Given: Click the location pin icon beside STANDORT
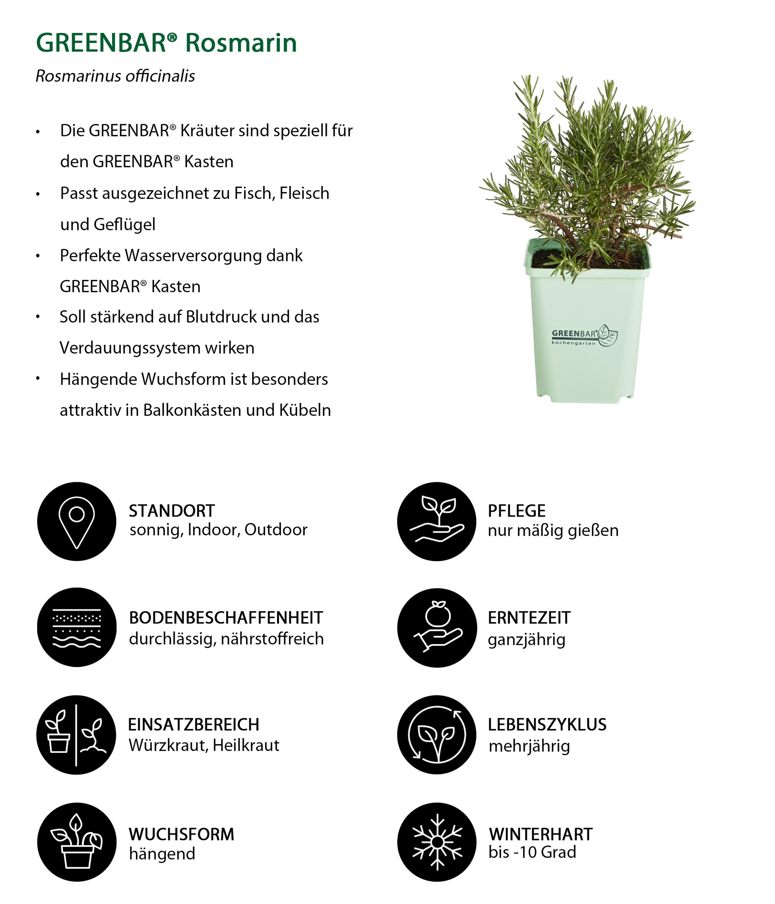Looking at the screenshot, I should [x=77, y=521].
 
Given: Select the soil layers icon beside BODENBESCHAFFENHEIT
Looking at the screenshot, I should [x=77, y=627].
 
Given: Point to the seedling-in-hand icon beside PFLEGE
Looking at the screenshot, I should [x=437, y=521].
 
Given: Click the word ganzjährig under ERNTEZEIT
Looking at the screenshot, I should [x=526, y=640].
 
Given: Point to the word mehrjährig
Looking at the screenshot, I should [x=529, y=746].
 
